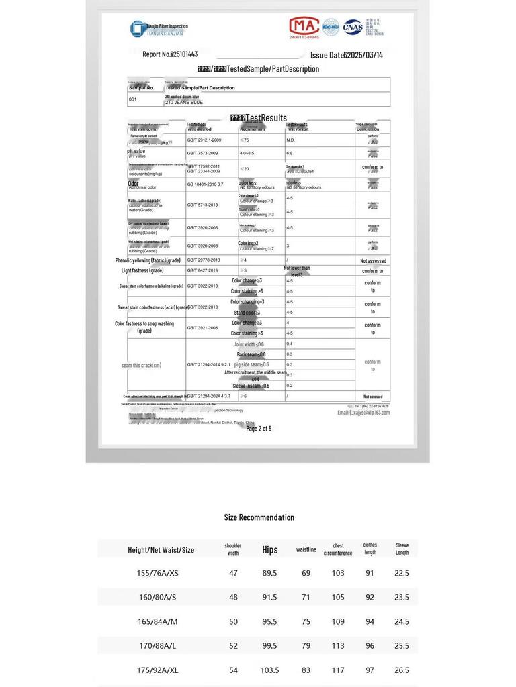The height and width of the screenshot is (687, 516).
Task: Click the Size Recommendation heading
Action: tap(259, 517)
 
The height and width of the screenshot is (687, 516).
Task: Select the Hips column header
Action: tap(270, 549)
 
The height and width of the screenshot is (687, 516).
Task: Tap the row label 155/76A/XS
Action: tap(157, 573)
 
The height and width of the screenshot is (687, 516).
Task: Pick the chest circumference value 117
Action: tap(337, 670)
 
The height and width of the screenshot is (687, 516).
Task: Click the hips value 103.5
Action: tap(269, 670)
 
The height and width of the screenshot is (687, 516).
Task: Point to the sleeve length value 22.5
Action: tap(402, 573)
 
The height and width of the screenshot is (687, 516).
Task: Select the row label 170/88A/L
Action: tap(157, 645)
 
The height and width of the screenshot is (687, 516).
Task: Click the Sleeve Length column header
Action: tap(402, 549)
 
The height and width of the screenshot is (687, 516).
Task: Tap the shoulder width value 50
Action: tap(233, 621)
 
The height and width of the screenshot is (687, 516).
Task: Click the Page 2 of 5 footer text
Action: tap(259, 428)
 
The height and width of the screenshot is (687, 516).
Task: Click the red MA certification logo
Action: tap(304, 27)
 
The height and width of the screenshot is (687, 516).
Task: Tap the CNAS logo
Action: tap(353, 28)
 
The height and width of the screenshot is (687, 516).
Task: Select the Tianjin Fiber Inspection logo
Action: tap(159, 29)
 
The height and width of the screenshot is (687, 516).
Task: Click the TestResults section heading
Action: tap(259, 118)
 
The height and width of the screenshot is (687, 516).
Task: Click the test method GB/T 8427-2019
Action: tap(202, 270)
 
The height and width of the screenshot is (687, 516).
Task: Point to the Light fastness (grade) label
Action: tap(142, 270)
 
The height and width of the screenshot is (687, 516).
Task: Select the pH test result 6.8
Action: tap(290, 153)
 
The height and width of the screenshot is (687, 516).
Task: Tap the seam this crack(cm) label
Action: tap(141, 365)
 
